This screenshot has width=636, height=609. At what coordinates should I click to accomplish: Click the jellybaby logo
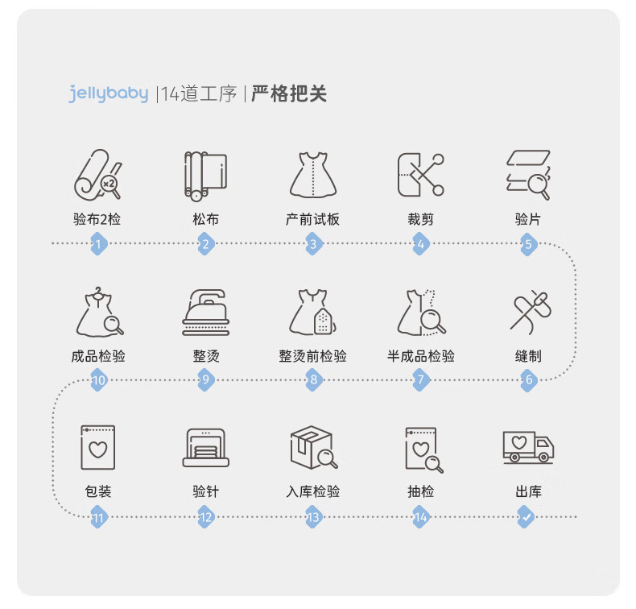109,93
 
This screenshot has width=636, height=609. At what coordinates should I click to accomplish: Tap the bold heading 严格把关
289,93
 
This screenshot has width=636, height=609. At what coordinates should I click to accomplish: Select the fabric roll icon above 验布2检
98,175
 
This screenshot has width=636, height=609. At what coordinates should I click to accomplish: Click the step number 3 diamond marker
313,244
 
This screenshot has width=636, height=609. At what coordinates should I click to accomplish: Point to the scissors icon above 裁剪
420,175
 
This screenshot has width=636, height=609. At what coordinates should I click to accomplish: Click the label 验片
527,219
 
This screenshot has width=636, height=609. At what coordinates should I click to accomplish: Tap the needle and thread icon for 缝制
531,312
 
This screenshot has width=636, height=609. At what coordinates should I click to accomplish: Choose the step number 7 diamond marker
420,380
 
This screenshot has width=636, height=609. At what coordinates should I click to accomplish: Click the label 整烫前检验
312,356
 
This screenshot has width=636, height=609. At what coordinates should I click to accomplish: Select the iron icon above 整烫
205,313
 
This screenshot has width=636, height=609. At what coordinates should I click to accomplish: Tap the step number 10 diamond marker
98,380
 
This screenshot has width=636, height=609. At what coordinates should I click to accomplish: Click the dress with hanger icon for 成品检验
99,312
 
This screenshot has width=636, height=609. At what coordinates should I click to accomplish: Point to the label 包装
98,491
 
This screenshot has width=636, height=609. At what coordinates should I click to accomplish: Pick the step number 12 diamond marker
205,517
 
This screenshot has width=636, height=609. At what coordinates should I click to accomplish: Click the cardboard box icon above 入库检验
313,447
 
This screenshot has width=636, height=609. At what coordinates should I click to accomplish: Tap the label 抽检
420,491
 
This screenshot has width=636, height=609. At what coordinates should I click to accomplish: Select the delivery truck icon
528,447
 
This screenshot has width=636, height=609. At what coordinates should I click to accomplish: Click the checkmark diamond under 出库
526,517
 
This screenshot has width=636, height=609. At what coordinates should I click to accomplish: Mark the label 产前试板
312,219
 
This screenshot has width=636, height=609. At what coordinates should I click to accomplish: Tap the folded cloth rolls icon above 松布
205,176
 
